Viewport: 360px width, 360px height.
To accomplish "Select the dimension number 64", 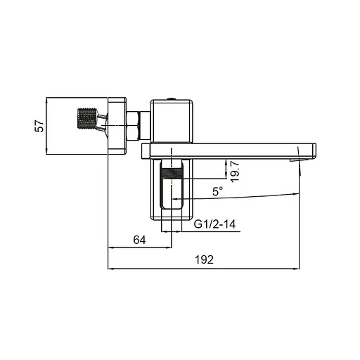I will click(139, 240).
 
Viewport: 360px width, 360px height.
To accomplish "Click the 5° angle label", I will click(218, 191).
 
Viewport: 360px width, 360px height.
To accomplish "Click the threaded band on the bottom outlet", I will click(172, 172).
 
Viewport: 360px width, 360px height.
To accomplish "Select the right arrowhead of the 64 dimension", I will click(169, 247).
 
